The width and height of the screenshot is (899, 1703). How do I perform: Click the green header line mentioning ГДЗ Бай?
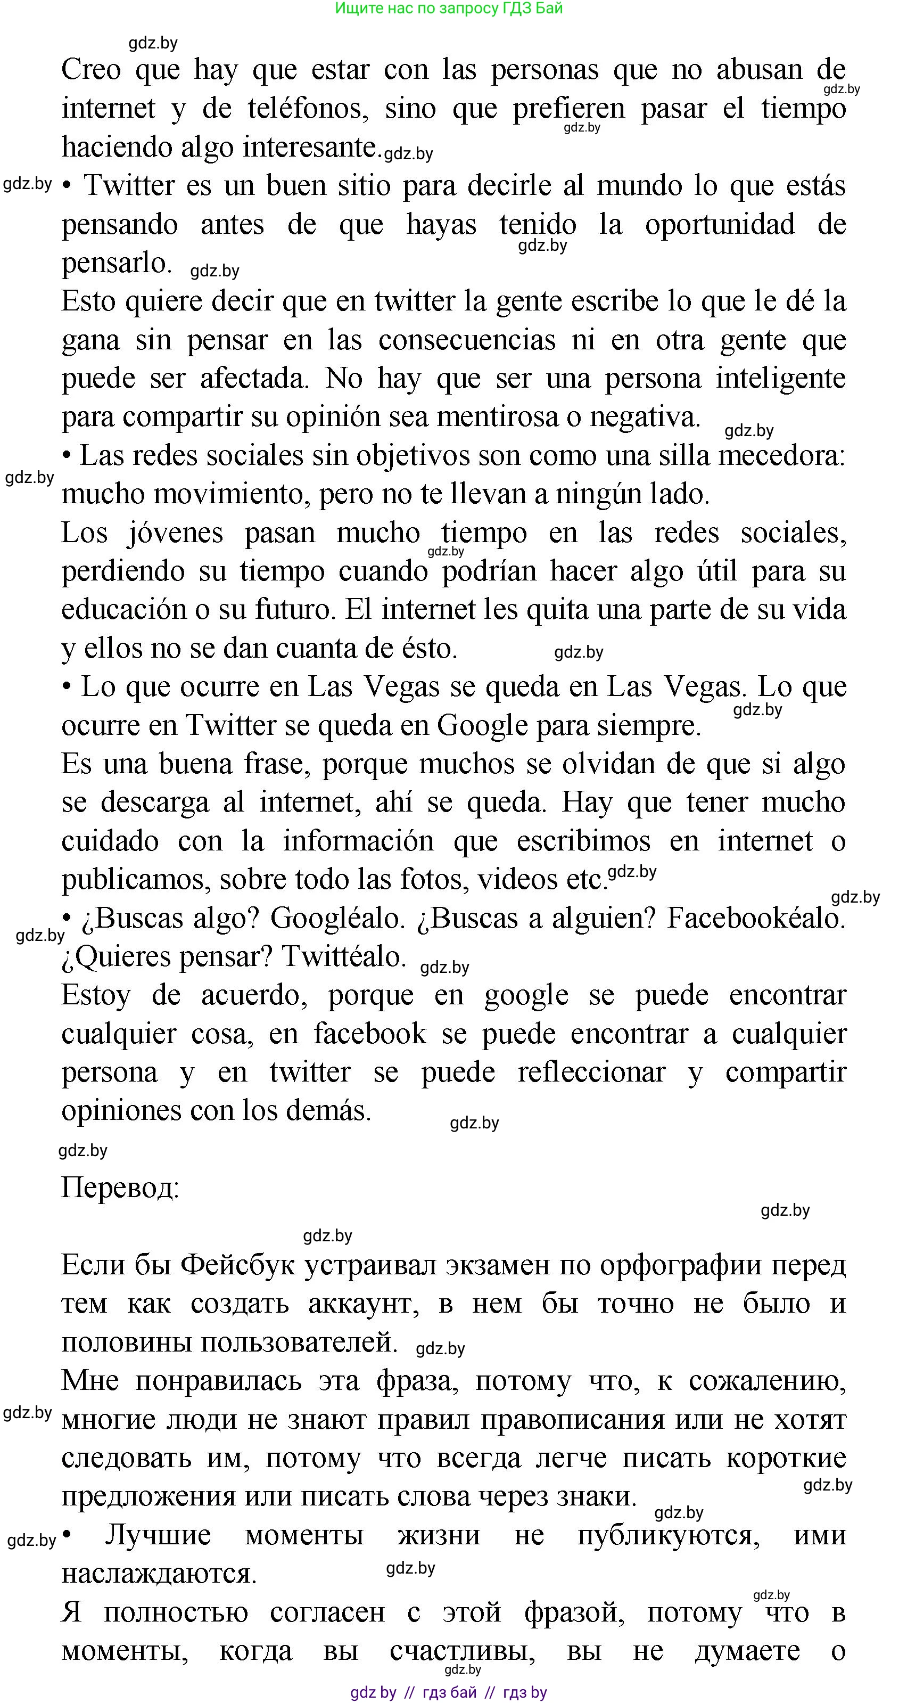pyautogui.click(x=449, y=9)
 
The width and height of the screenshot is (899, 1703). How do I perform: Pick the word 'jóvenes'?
pyautogui.click(x=175, y=534)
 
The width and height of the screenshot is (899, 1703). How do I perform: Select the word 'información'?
pyautogui.click(x=358, y=841)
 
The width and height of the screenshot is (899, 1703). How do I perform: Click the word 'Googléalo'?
pyautogui.click(x=337, y=918)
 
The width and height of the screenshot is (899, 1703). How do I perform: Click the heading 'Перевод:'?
pyautogui.click(x=120, y=1188)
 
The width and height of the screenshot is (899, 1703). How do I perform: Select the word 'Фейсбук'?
pyautogui.click(x=238, y=1265)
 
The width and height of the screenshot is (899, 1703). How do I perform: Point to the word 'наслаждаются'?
pyautogui.click(x=159, y=1574)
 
